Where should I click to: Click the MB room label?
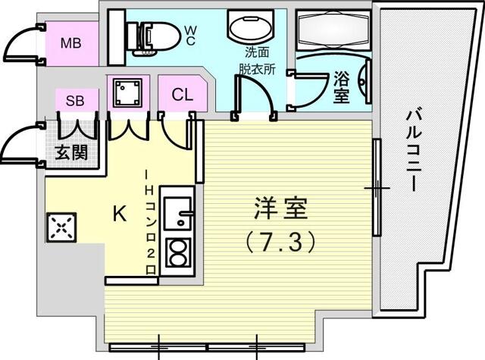[70, 43]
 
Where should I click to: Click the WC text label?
[190, 36]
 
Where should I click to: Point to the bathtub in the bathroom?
[333, 30]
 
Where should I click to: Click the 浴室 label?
[342, 87]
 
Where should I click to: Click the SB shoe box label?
[75, 101]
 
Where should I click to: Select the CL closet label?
[183, 95]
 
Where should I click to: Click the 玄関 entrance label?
[71, 152]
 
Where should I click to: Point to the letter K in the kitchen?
[120, 214]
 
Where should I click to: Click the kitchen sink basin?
[177, 213]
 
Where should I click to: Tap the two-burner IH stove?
[177, 252]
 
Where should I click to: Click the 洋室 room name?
[280, 208]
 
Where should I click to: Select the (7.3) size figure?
[280, 242]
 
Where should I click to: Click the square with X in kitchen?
[61, 227]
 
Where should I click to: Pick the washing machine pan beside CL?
[127, 92]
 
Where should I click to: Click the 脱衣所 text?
[257, 70]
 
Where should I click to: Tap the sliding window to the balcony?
[377, 187]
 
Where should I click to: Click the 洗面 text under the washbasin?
[257, 52]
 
